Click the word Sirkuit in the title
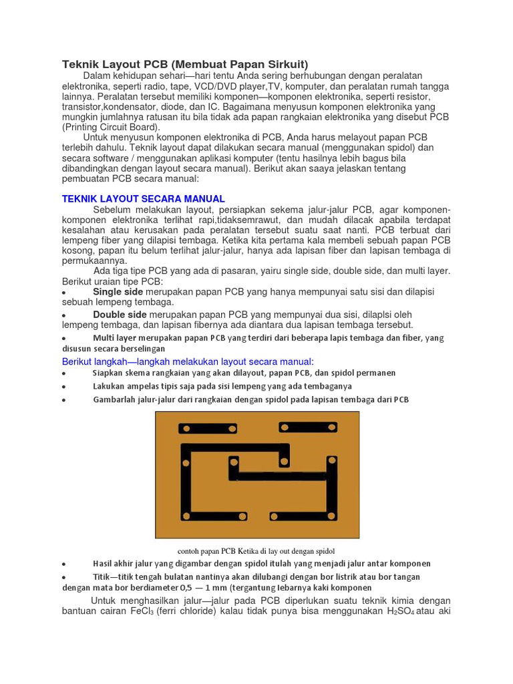[287, 64]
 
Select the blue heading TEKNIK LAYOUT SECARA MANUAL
[144, 199]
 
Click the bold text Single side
[118, 292]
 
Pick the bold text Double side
[120, 314]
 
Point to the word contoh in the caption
[189, 551]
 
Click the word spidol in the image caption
[317, 551]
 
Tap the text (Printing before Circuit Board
[82, 127]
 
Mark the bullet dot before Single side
[63, 293]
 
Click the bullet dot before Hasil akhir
[63, 564]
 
